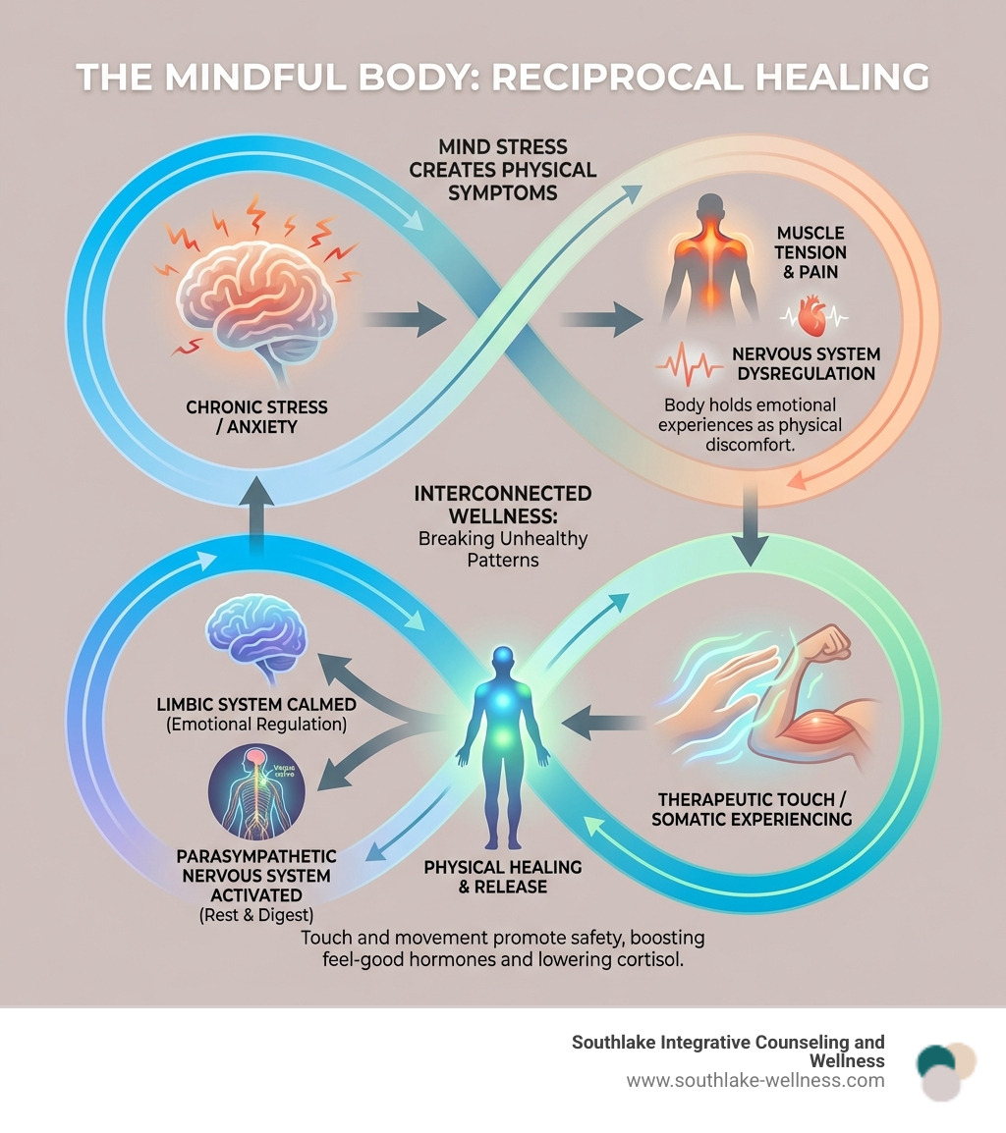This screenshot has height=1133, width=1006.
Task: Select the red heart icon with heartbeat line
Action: point(813,316)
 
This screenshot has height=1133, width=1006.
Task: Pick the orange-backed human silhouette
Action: point(709,265)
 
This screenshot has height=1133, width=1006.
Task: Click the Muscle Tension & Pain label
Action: point(810,250)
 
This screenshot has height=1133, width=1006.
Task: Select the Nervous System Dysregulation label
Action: point(805,364)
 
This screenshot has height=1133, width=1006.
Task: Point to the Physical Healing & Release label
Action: point(502,877)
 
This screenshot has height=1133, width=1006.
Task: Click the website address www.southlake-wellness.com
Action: point(754,1081)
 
